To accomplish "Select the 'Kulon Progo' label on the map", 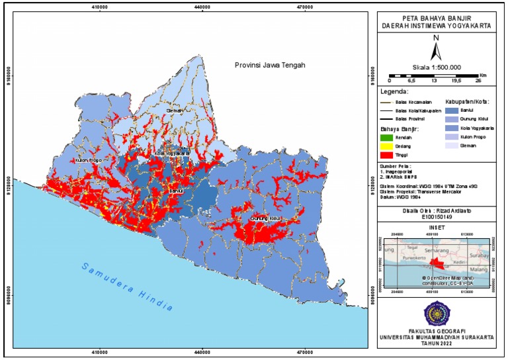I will (87, 160).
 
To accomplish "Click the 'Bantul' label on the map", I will (175, 191).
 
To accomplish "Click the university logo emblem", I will (437, 312).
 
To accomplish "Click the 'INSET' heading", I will (437, 226).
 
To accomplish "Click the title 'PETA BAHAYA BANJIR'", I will (437, 17).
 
